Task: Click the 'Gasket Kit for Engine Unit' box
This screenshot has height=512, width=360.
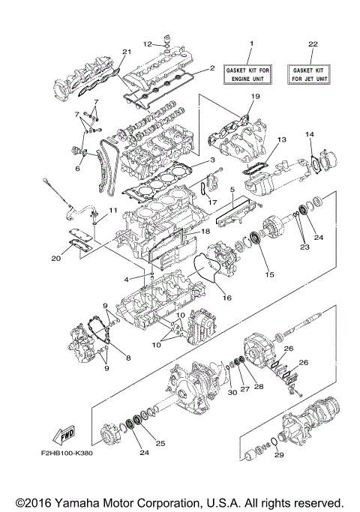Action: [251, 73]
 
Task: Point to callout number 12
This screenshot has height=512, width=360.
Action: [148, 43]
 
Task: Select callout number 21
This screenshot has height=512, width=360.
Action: [127, 52]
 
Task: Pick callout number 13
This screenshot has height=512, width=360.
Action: [282, 140]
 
